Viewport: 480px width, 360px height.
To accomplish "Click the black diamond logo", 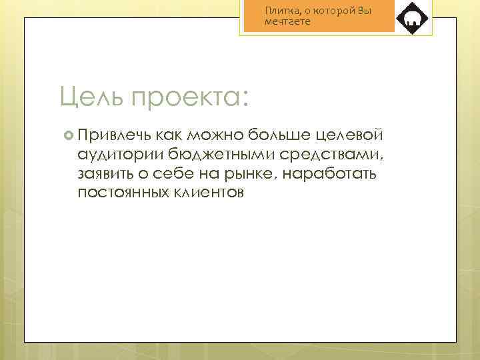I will tap(412, 18).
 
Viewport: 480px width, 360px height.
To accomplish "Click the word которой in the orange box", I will tap(332, 11).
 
